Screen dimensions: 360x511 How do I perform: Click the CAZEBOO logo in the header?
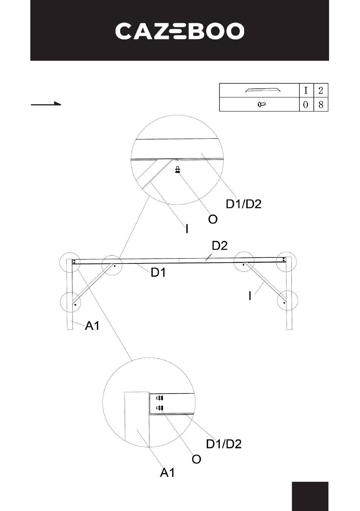[180, 31]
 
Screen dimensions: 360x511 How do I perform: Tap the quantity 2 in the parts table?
[321, 91]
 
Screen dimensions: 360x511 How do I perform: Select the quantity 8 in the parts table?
[321, 105]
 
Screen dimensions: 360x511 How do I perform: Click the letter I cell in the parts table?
[306, 91]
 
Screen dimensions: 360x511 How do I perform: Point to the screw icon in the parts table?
[261, 105]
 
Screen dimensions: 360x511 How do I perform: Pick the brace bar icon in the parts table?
[263, 90]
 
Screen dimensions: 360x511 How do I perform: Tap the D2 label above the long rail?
[219, 246]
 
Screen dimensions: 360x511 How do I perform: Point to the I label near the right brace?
[250, 296]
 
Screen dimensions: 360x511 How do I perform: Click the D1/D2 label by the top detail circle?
[244, 204]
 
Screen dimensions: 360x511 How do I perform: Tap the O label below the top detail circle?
[213, 219]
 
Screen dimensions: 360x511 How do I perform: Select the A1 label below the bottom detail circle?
[167, 472]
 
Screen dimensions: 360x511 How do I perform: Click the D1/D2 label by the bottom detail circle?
[224, 444]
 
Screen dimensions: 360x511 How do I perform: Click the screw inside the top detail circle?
[177, 170]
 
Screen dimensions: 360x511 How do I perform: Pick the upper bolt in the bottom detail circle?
[160, 398]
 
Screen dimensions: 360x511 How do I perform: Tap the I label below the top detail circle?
[187, 229]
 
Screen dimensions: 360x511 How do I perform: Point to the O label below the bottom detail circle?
[196, 459]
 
